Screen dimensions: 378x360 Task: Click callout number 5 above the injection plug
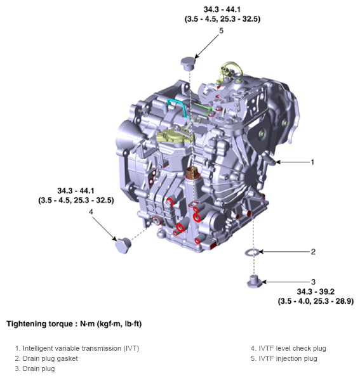tap(221, 30)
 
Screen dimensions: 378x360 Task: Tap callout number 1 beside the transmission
tap(312, 162)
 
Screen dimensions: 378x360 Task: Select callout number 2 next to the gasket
tap(313, 252)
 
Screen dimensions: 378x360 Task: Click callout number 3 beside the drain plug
tap(313, 282)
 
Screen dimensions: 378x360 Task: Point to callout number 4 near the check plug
tap(91, 211)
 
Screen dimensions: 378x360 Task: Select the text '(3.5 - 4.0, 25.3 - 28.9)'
tap(316, 301)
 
